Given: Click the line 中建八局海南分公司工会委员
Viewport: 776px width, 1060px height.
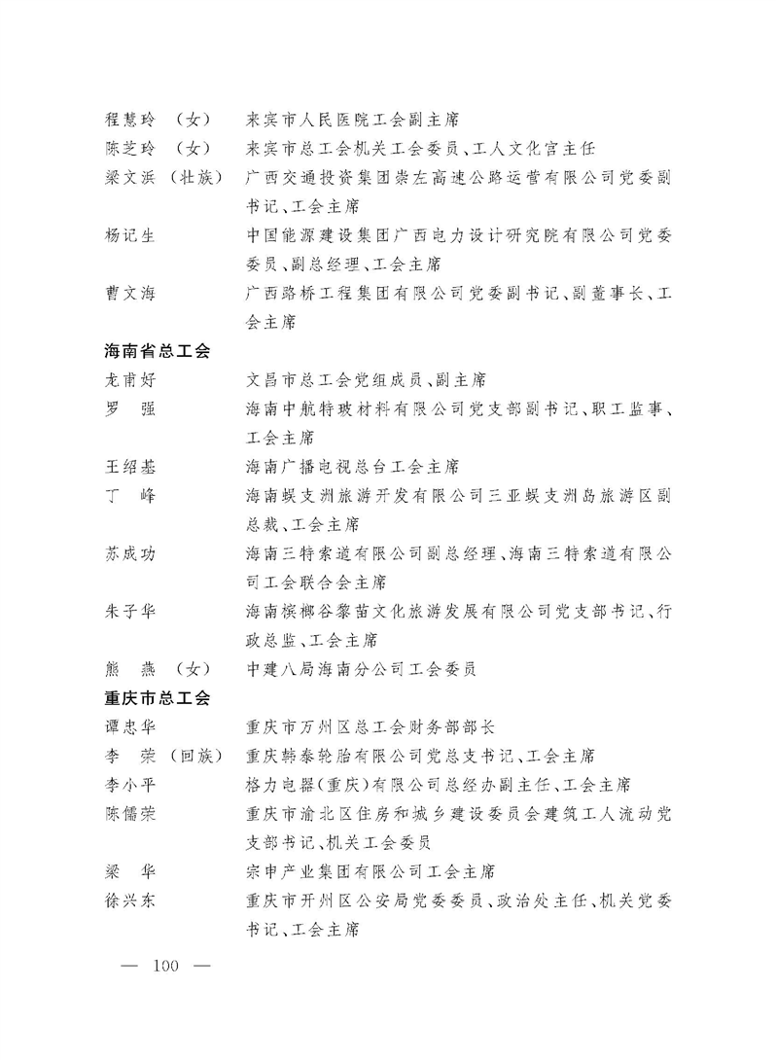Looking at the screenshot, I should pyautogui.click(x=361, y=669).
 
